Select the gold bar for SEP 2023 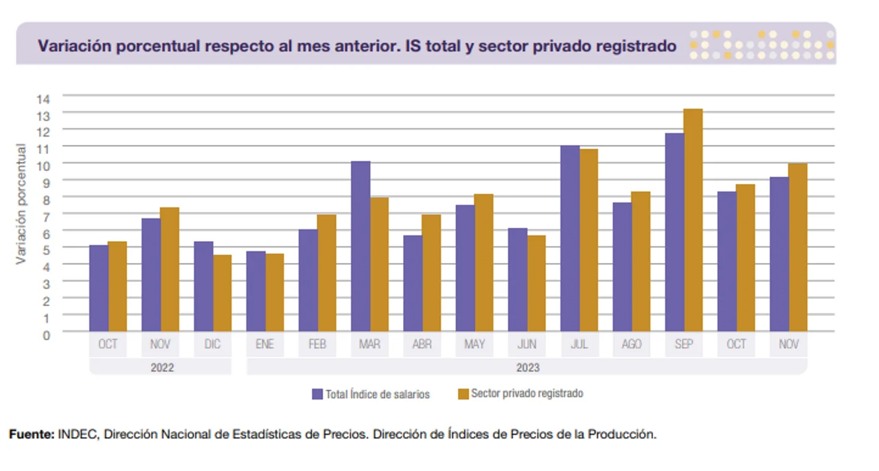click(693, 220)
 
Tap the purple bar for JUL click(570, 238)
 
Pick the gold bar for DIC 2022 click(222, 293)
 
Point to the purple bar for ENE click(255, 291)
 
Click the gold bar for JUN click(536, 283)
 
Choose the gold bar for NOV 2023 click(798, 247)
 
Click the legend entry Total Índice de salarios click(371, 394)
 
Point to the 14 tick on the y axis click(43, 98)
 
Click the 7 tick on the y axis click(46, 216)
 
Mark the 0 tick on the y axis click(46, 334)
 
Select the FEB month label click(317, 345)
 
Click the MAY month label click(475, 345)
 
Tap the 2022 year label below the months click(162, 367)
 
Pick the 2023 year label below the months click(527, 367)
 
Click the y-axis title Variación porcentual click(21, 204)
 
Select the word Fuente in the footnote click(30, 435)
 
